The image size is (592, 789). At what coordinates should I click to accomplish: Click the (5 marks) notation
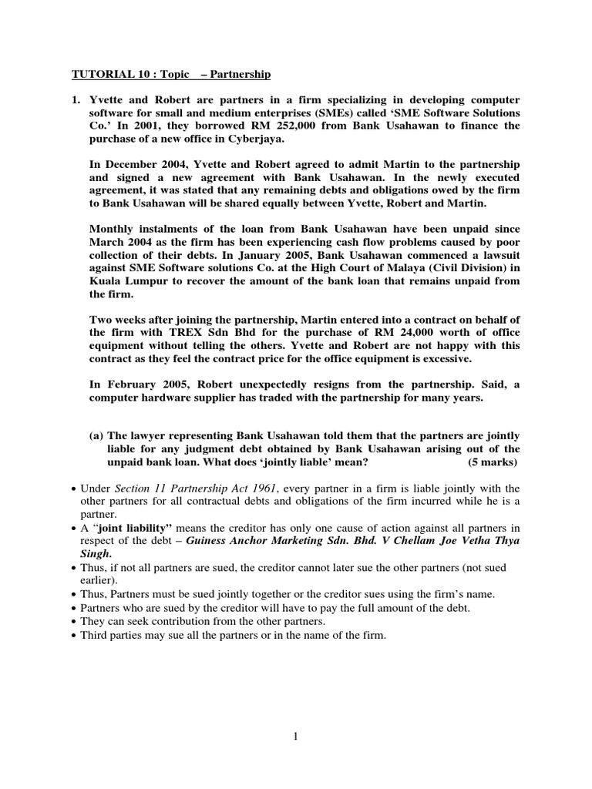point(493,462)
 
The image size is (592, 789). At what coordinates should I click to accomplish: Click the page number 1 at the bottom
point(295,737)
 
